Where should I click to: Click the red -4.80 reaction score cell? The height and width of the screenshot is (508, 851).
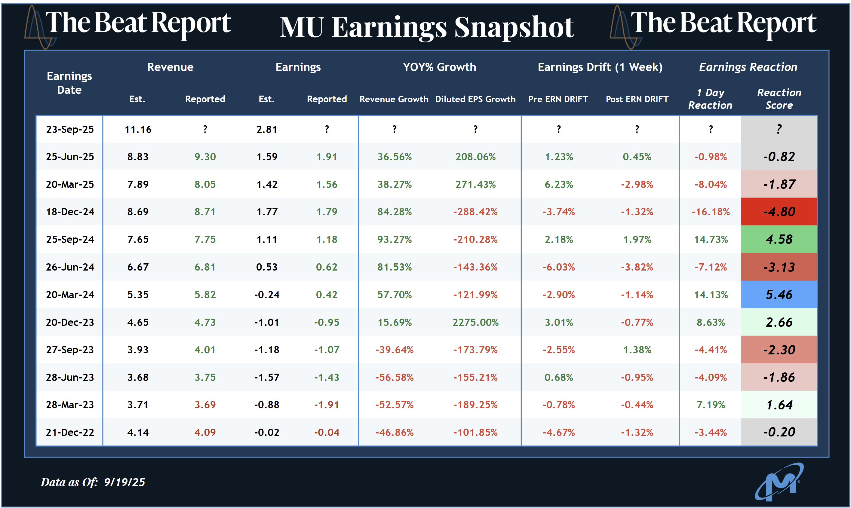tap(779, 212)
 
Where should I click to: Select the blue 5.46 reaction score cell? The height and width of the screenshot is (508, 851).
tap(779, 294)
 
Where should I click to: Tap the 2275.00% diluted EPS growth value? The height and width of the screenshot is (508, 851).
tap(475, 322)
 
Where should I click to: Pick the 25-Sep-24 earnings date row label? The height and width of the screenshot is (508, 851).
tap(70, 239)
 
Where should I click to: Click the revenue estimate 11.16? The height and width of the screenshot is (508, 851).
tap(138, 129)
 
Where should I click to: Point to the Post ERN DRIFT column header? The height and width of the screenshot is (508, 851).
tap(637, 99)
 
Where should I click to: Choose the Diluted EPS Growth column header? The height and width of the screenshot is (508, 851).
tap(475, 99)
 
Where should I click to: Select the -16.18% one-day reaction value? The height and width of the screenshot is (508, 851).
tap(711, 212)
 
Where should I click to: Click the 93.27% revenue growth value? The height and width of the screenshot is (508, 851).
tap(395, 239)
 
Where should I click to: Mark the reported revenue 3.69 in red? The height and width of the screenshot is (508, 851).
tap(205, 405)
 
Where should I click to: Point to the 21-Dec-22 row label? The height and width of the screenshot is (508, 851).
tap(70, 432)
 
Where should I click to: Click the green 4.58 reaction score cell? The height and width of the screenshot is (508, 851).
tap(779, 239)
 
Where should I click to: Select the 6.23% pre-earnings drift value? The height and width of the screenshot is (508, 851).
tap(558, 185)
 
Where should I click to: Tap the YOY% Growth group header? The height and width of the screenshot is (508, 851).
tap(439, 67)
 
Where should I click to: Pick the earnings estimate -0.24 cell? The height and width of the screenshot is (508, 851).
tap(267, 294)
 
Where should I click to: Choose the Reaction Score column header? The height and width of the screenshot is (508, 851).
tap(779, 99)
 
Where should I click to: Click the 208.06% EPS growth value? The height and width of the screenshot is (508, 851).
tap(475, 157)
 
